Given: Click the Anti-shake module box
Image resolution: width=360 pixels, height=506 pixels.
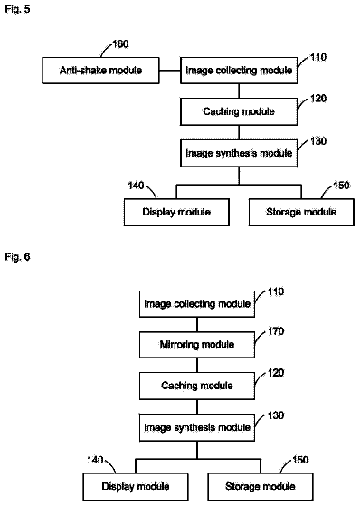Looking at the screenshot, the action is (x=100, y=71).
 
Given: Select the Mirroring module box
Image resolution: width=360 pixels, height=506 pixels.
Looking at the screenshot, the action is (x=197, y=345).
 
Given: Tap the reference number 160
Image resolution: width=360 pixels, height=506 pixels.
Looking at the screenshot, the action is (x=120, y=43).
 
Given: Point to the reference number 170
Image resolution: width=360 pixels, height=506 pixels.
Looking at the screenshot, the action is (x=276, y=331).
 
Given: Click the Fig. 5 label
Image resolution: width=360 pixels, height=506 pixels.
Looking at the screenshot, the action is (x=17, y=9).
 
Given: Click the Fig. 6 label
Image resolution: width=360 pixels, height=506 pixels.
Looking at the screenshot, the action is (x=17, y=257).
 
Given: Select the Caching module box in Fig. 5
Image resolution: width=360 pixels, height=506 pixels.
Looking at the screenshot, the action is (x=239, y=111).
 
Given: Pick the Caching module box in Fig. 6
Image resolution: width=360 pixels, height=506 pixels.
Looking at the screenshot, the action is (x=197, y=386).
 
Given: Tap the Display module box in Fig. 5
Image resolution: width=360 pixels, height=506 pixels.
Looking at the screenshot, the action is (x=176, y=212).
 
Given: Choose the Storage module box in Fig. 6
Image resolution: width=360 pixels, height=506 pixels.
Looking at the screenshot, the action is (x=261, y=486).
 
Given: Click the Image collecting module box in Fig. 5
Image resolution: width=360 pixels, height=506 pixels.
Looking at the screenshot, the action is (x=239, y=71).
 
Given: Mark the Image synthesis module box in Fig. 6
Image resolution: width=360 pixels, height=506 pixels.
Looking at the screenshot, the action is (x=197, y=428).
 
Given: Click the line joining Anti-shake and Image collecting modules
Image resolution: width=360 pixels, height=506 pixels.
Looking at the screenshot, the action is (x=170, y=71).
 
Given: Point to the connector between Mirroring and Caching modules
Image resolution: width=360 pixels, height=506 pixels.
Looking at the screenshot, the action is (x=197, y=365).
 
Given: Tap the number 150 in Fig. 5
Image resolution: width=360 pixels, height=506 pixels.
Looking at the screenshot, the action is (x=341, y=186).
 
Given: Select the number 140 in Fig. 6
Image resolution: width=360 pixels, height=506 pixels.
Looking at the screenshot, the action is (x=95, y=460).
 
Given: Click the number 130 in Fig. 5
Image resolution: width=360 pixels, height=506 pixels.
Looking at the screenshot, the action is (x=318, y=141).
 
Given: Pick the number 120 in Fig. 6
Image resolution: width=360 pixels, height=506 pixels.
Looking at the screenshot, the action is (x=276, y=373).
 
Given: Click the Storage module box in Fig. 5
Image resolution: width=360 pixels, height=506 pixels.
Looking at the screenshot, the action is (x=301, y=212).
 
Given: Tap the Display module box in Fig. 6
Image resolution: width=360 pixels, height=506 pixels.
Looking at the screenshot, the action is (x=136, y=486).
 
